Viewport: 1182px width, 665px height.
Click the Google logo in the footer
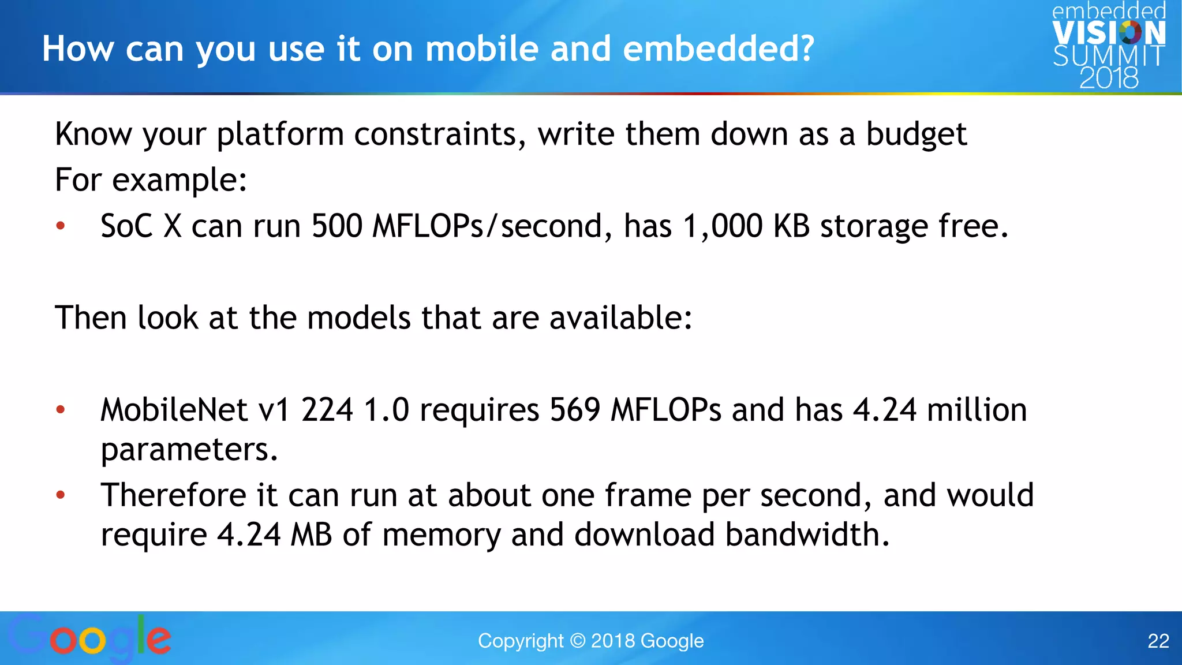click(x=90, y=638)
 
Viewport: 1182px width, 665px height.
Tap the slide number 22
click(x=1158, y=641)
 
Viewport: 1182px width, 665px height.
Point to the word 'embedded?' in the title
click(x=719, y=48)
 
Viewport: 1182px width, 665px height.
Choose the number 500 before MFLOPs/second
click(x=337, y=226)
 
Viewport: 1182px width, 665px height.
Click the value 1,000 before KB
click(x=723, y=226)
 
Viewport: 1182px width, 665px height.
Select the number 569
click(x=575, y=410)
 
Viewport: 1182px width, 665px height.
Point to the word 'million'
click(x=977, y=410)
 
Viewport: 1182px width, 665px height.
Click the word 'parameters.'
click(x=189, y=450)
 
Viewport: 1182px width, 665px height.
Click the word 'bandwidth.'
click(x=807, y=535)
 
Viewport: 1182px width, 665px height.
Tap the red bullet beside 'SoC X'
click(x=61, y=226)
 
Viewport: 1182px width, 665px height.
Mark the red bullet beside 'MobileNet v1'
click(x=61, y=410)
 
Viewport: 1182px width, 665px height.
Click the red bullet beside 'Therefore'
click(x=61, y=495)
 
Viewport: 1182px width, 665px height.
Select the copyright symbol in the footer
click(x=577, y=641)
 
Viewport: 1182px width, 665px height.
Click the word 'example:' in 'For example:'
click(x=179, y=181)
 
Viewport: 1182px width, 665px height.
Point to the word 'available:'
click(x=620, y=318)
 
